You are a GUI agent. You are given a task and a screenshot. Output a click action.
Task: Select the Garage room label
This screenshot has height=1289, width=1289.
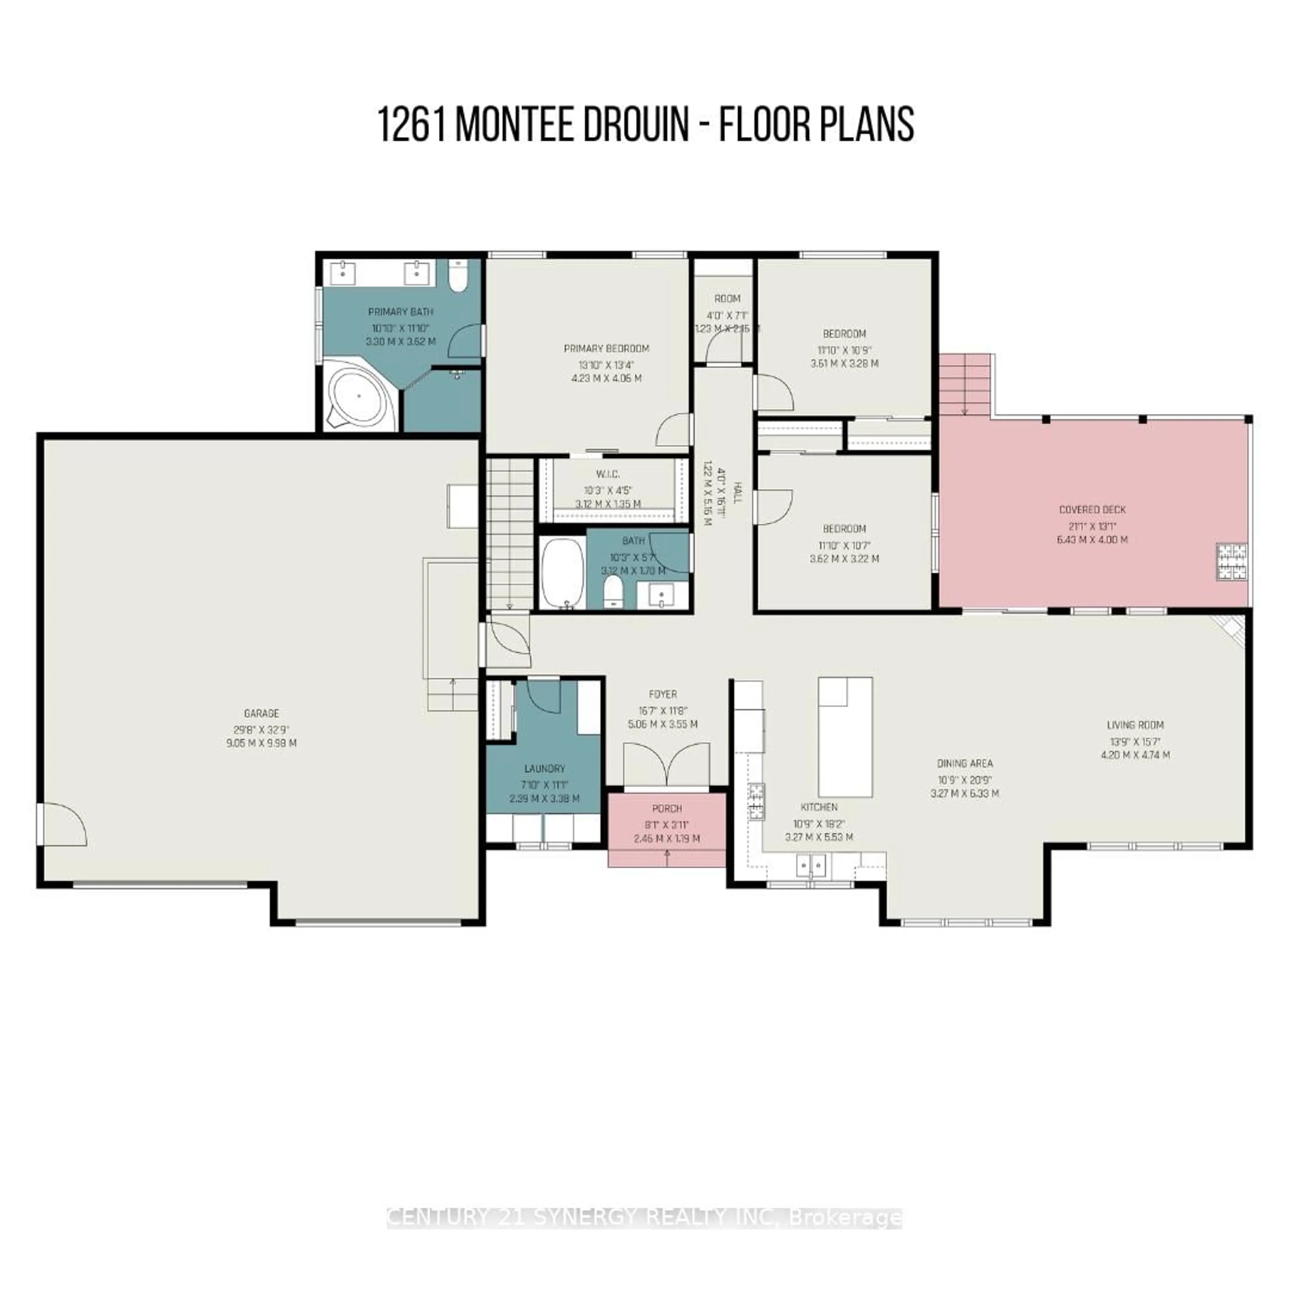pyautogui.click(x=261, y=713)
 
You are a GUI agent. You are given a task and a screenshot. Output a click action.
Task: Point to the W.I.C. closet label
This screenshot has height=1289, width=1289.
pyautogui.click(x=608, y=474)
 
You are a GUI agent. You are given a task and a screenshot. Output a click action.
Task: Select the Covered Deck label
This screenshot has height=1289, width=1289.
pyautogui.click(x=1092, y=510)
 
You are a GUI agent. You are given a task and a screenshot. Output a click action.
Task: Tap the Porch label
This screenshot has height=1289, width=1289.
pyautogui.click(x=667, y=809)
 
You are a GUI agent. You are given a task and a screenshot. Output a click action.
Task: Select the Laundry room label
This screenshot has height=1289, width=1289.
pyautogui.click(x=544, y=769)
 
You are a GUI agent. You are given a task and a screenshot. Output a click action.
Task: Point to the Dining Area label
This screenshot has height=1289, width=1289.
pyautogui.click(x=965, y=763)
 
